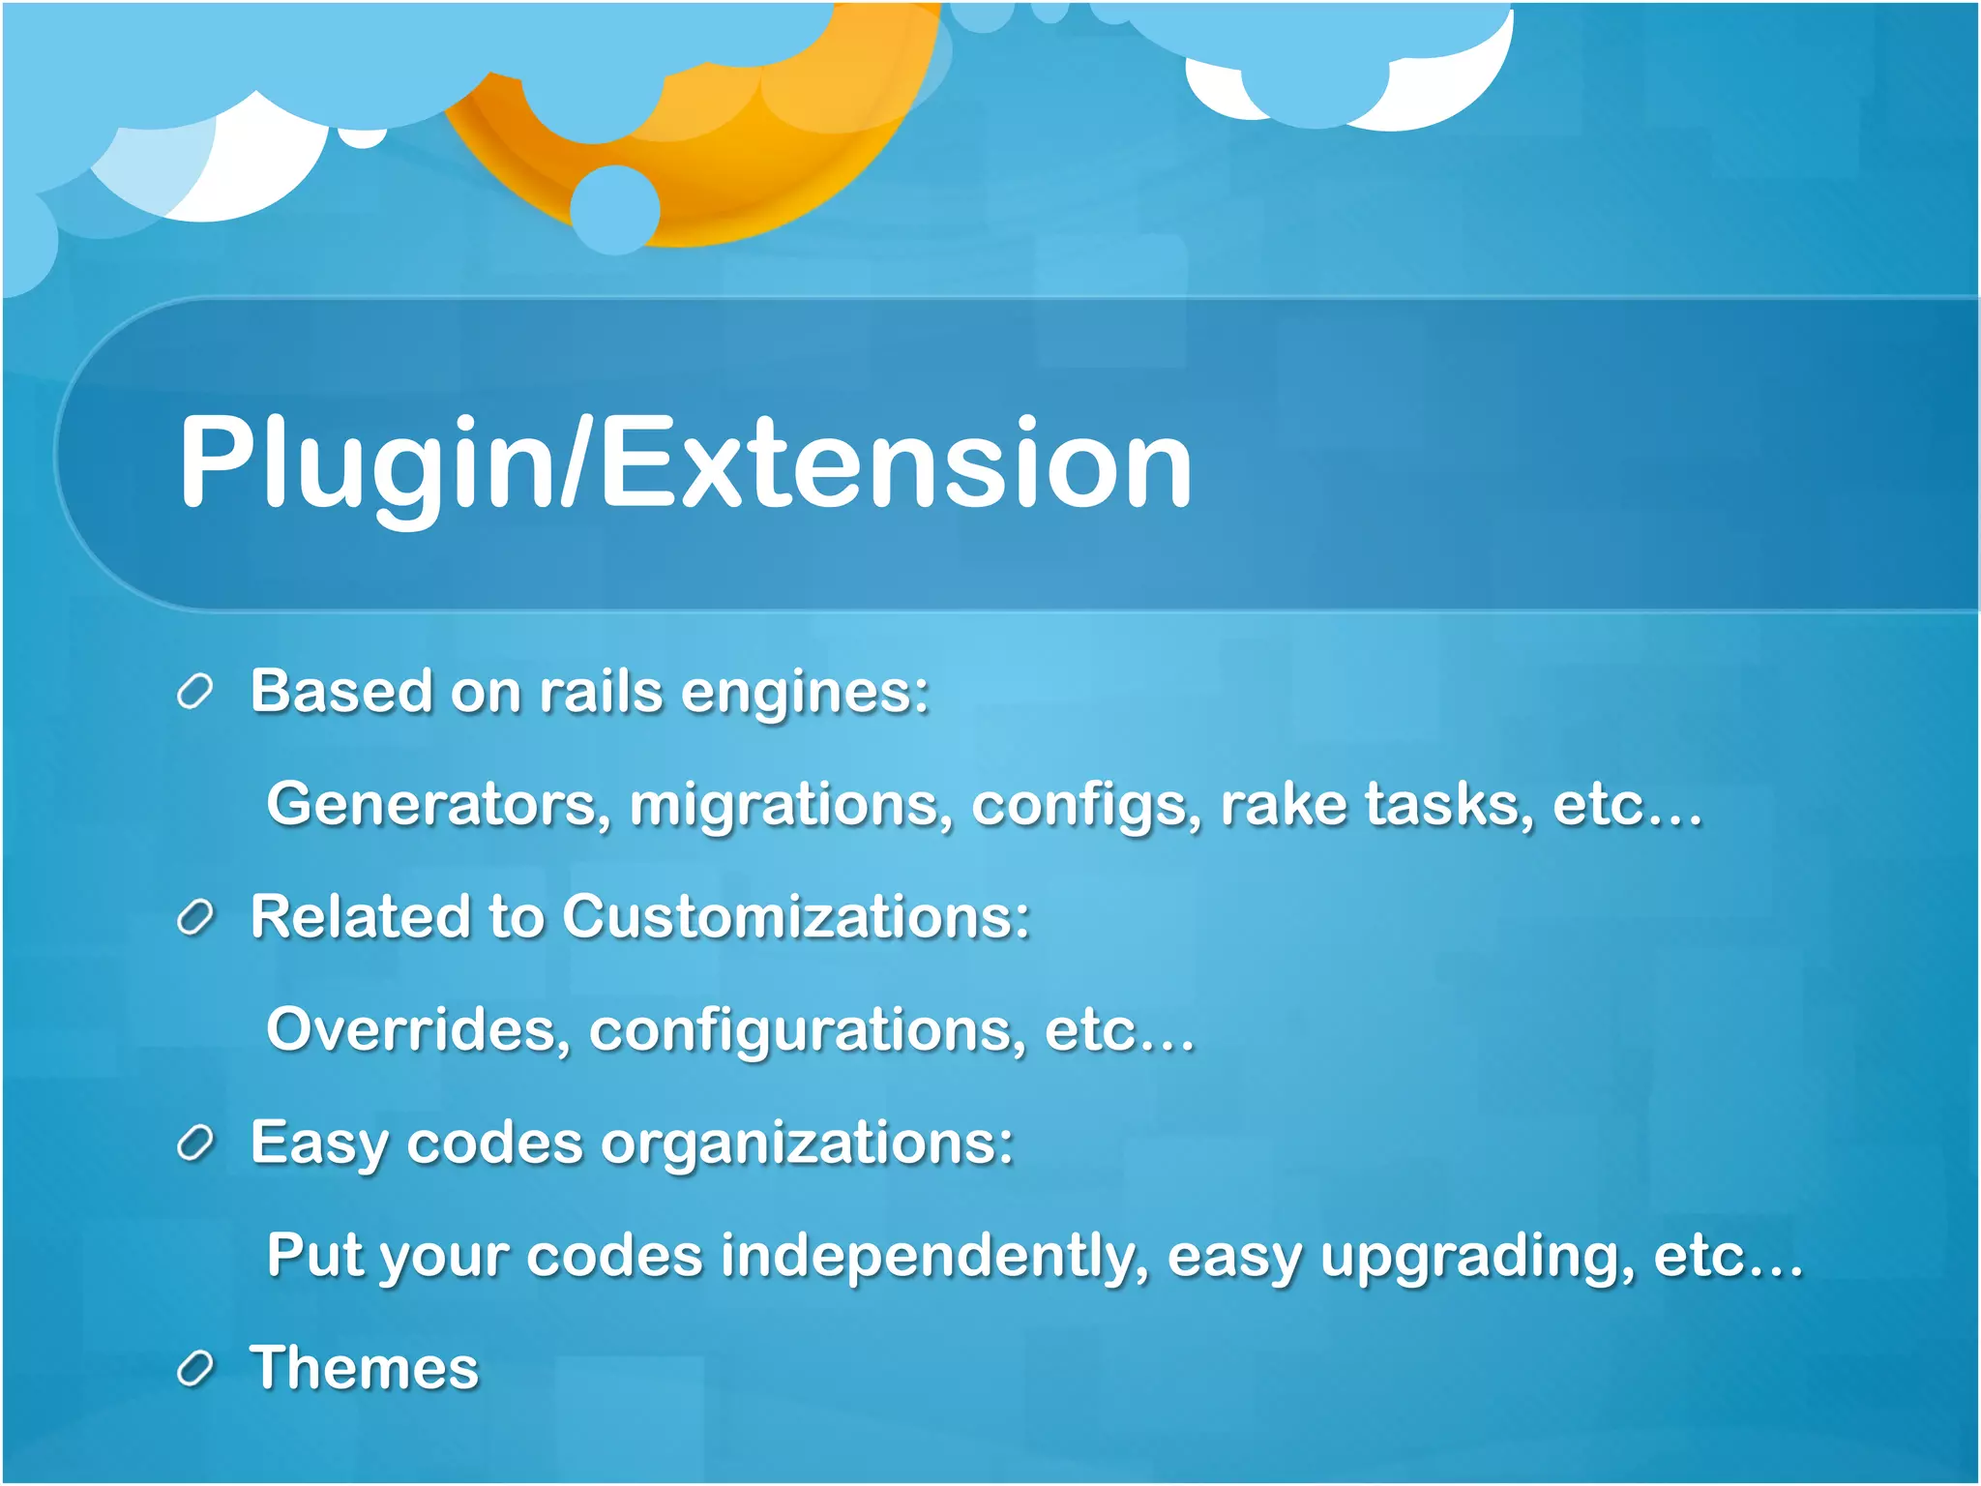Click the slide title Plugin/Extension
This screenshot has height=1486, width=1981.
(x=685, y=461)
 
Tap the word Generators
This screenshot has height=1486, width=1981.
(x=438, y=804)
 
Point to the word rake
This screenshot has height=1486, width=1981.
(x=1283, y=804)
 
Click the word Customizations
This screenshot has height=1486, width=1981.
(x=795, y=916)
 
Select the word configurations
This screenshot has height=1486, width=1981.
(x=807, y=1029)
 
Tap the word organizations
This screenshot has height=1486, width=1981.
(x=807, y=1143)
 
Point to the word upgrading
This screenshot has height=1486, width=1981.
(x=1477, y=1256)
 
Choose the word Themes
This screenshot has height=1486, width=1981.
(x=365, y=1368)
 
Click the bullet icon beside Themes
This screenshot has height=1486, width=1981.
(x=194, y=1369)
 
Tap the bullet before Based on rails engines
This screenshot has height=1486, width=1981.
(x=194, y=693)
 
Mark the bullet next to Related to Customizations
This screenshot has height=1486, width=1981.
(x=194, y=917)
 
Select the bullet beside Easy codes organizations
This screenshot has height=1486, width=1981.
(x=194, y=1144)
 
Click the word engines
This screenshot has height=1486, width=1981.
(x=804, y=693)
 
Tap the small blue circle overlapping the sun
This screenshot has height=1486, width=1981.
(x=614, y=210)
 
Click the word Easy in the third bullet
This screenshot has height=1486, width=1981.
(x=319, y=1143)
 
